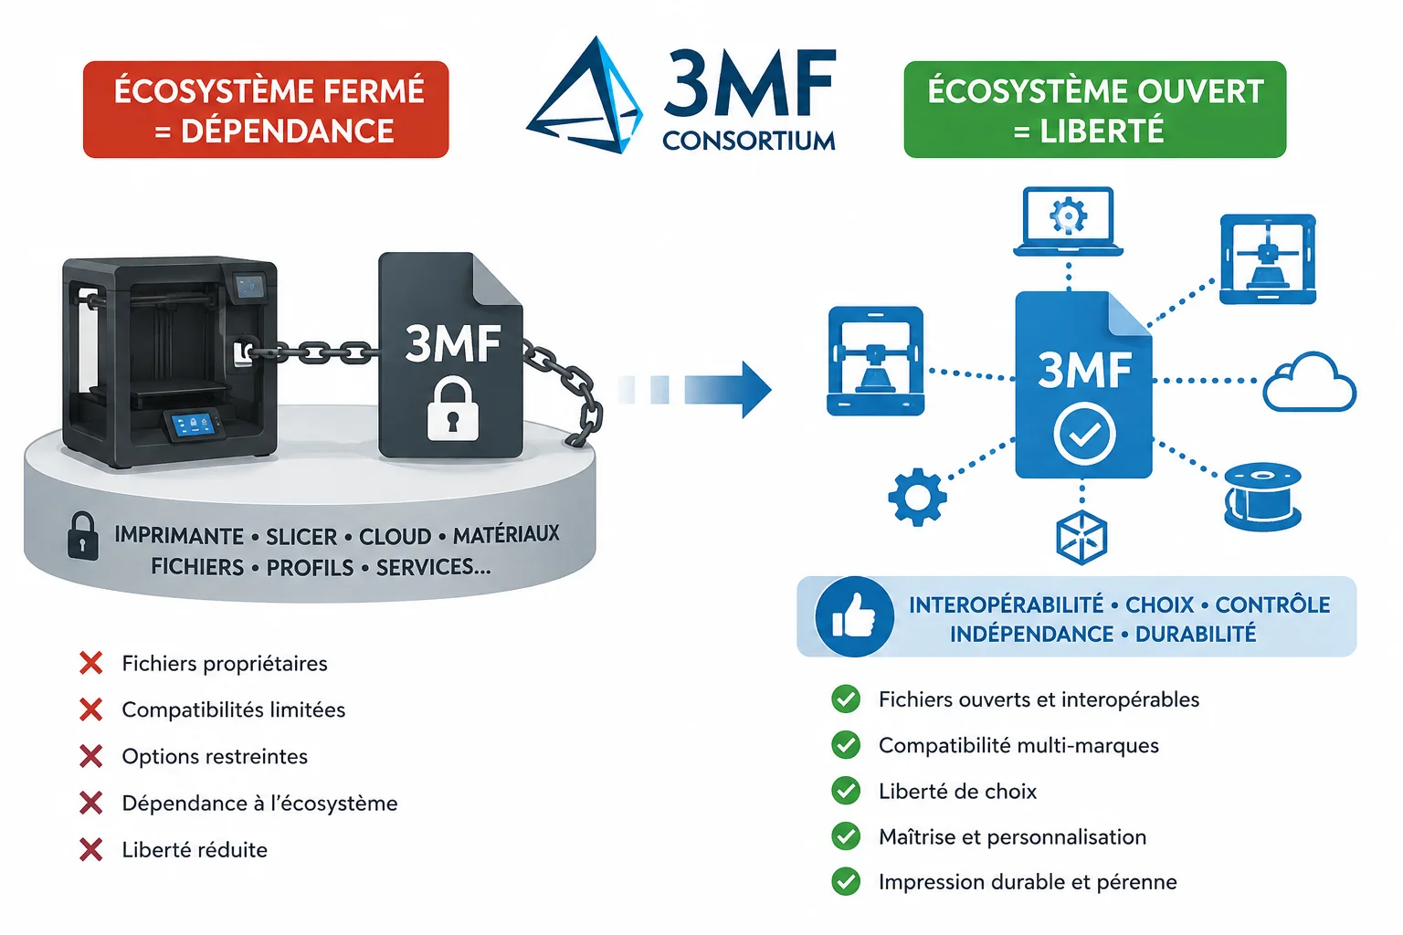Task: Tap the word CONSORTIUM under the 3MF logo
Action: (x=748, y=141)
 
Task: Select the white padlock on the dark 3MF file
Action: (x=453, y=408)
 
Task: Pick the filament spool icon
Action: (x=1262, y=498)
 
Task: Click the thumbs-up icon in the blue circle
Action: (x=854, y=617)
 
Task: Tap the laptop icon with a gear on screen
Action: (x=1068, y=221)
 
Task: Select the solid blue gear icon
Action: (x=918, y=498)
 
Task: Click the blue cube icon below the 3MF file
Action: (x=1081, y=538)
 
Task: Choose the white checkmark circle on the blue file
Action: (x=1084, y=434)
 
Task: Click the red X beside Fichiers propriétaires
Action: (x=90, y=663)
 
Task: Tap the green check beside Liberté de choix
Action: (x=846, y=791)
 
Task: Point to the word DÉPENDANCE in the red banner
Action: (x=288, y=131)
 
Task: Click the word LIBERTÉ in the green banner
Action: (x=1102, y=131)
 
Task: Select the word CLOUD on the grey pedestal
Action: (x=395, y=537)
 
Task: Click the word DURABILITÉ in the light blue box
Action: (x=1196, y=634)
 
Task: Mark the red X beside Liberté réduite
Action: (x=90, y=850)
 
